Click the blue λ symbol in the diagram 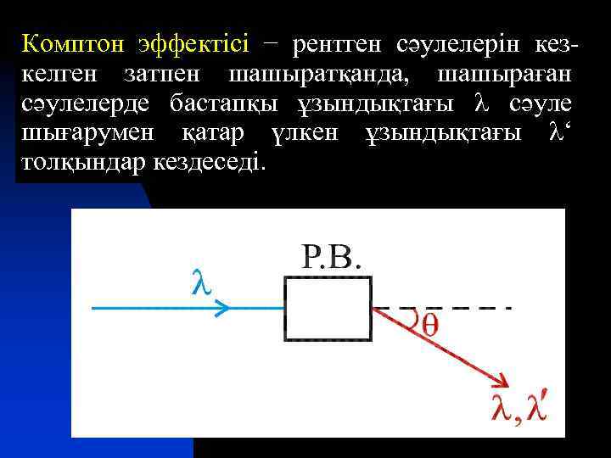199,282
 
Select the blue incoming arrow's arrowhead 223,309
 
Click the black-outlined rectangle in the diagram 328,309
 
